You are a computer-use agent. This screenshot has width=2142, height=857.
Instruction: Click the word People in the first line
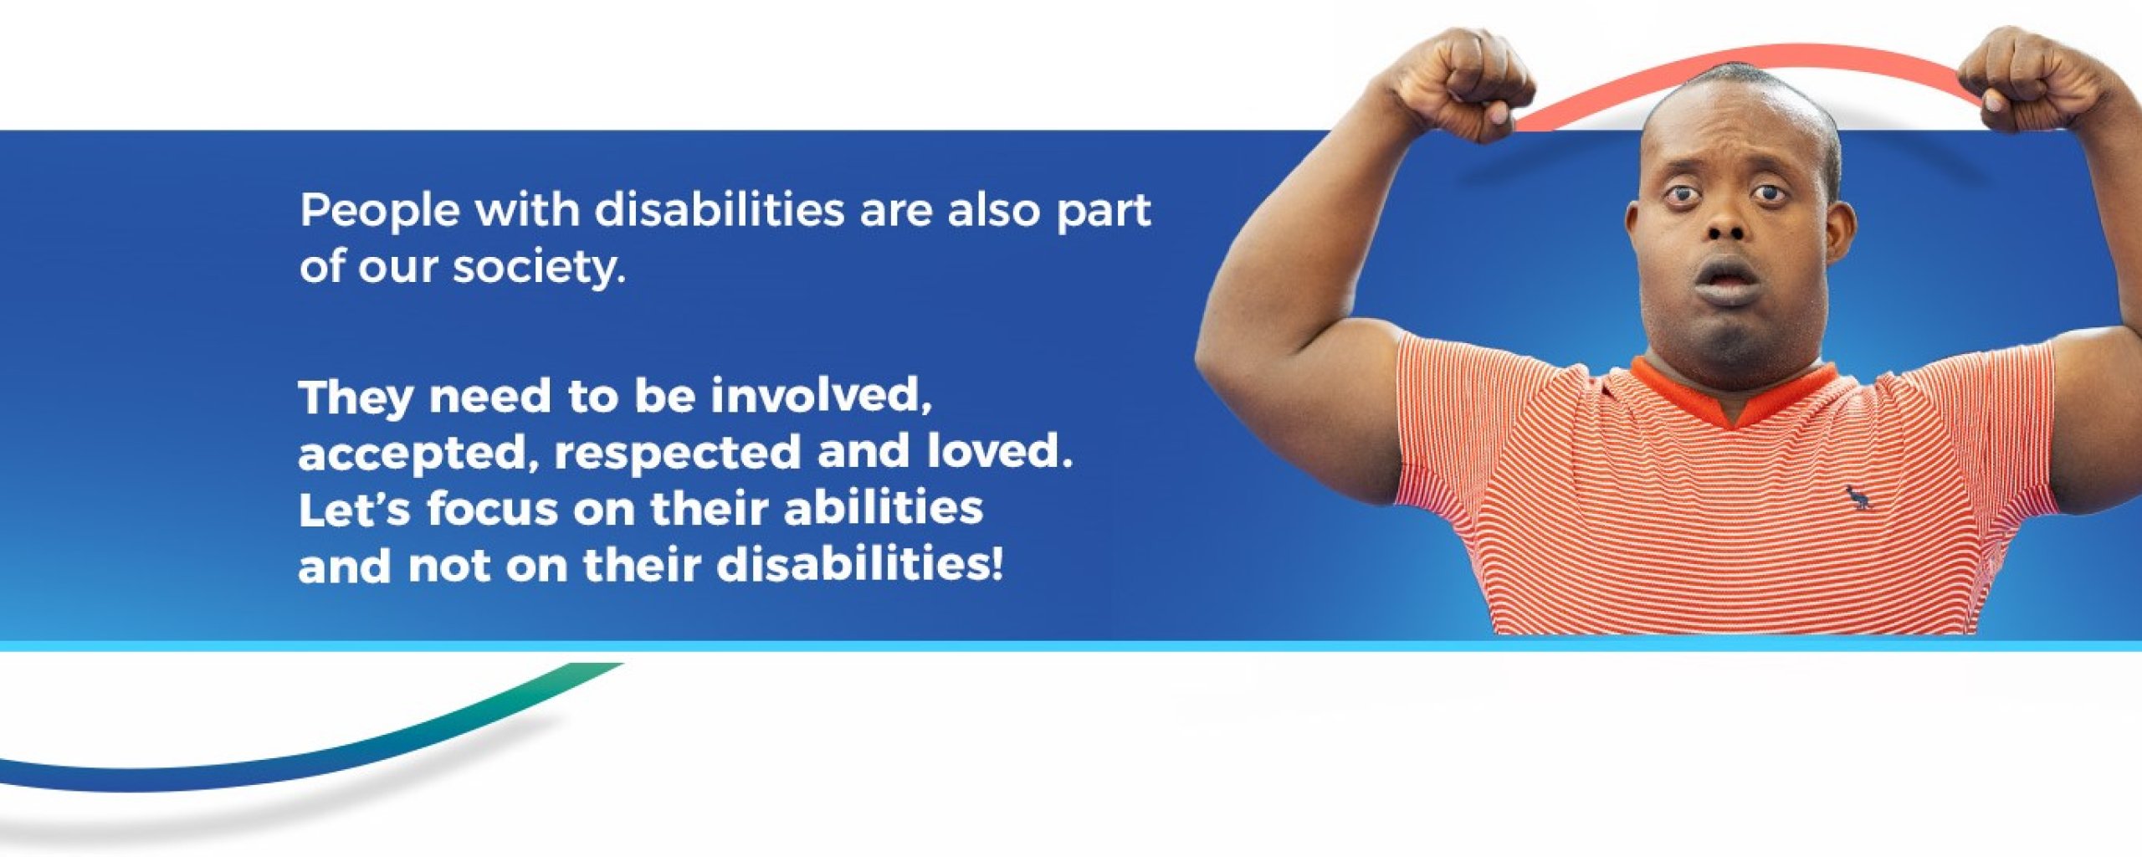[380, 212]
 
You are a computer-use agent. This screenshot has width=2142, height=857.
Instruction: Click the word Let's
[354, 509]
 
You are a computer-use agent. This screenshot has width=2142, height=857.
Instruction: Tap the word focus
[492, 509]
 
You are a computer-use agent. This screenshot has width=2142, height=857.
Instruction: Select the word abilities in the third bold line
[883, 509]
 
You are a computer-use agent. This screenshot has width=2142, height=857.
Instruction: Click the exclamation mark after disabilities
[995, 566]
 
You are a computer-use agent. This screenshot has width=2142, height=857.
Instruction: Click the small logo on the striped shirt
[1859, 499]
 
